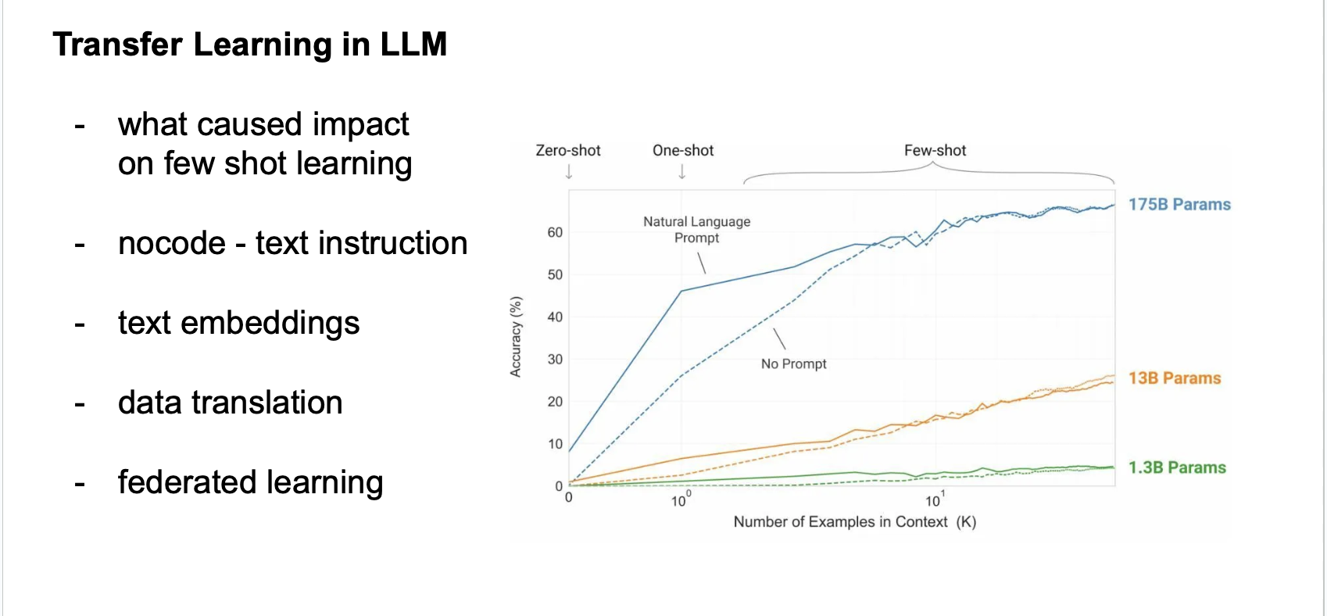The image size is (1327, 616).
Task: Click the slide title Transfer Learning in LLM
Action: click(249, 45)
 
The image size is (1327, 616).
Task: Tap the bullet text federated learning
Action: click(250, 482)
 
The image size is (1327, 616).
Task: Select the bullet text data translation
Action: click(230, 403)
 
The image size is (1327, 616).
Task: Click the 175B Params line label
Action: click(1179, 205)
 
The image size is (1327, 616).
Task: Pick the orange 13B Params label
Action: click(1174, 378)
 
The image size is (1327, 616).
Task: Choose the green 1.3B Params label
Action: click(1177, 467)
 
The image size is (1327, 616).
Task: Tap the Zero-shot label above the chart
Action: click(568, 150)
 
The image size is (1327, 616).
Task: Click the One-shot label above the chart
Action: click(683, 150)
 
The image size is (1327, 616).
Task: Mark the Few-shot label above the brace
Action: click(935, 150)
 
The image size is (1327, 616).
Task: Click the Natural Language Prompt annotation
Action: click(696, 230)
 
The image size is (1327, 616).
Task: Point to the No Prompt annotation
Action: click(793, 364)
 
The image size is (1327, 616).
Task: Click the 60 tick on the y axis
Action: click(555, 232)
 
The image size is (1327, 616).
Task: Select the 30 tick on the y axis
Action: click(555, 359)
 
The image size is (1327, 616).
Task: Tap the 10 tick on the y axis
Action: click(555, 444)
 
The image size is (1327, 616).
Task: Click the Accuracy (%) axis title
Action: click(516, 337)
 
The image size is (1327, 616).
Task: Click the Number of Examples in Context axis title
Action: click(854, 521)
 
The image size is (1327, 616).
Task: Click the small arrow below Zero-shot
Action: click(569, 173)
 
